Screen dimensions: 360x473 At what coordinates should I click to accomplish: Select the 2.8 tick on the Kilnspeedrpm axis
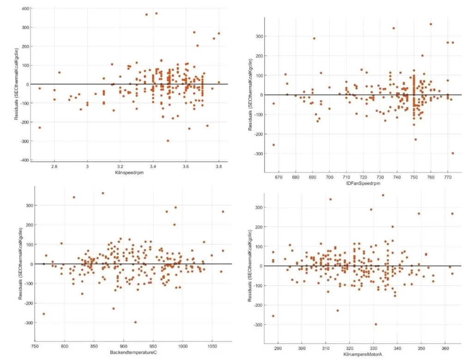(x=55, y=166)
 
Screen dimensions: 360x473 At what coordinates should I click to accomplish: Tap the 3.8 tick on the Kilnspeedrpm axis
(x=218, y=166)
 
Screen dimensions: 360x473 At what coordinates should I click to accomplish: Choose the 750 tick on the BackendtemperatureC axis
(x=35, y=345)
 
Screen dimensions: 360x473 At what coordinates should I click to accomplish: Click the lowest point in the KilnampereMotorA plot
(x=376, y=324)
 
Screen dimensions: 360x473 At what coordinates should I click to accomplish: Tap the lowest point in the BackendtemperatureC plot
(x=135, y=322)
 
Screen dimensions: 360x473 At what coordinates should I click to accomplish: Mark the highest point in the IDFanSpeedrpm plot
(x=431, y=24)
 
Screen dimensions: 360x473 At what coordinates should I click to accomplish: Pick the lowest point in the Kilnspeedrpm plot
(x=168, y=140)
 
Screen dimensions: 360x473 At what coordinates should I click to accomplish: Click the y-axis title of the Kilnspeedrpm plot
(x=16, y=84)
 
